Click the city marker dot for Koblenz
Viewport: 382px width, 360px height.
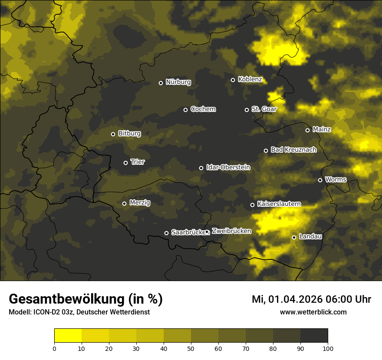233,80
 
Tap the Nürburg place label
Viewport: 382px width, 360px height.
178,82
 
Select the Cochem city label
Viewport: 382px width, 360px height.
203,109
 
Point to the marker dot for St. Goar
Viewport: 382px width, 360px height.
247,110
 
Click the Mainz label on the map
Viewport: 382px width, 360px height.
322,129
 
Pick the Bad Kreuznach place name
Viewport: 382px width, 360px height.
293,150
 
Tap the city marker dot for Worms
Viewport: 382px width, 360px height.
320,180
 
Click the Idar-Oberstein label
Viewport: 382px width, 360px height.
228,167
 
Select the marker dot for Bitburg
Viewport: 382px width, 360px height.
113,134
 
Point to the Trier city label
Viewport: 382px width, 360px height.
137,162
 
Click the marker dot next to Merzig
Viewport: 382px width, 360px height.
124,203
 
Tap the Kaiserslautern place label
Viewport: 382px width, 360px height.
279,203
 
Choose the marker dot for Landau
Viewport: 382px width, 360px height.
294,237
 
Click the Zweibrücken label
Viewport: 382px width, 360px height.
231,231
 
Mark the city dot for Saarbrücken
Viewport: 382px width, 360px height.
166,233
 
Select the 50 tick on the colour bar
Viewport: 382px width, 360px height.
191,348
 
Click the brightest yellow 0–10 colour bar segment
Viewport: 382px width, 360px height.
68,336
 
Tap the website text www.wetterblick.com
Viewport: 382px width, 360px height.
313,312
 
